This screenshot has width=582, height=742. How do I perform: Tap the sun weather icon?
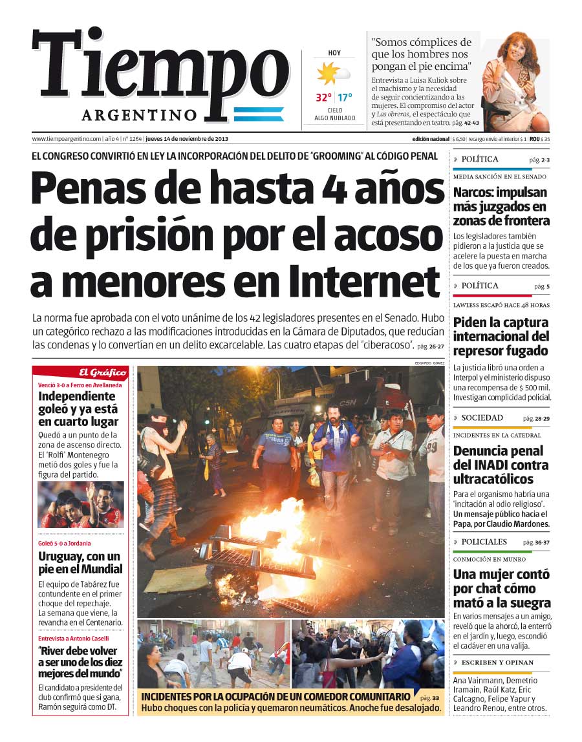[329, 72]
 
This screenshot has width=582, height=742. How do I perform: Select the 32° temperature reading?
[323, 98]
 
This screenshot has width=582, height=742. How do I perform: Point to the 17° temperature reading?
[345, 98]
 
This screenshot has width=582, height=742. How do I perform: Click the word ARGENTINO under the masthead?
[139, 115]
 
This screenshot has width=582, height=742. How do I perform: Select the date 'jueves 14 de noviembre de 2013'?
[187, 139]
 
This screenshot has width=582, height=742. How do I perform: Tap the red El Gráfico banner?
[80, 372]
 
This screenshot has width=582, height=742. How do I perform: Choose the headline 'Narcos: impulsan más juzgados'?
[501, 206]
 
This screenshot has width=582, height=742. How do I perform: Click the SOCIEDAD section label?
[482, 418]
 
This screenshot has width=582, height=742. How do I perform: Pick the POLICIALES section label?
[484, 542]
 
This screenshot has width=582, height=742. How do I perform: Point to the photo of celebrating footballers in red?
[80, 505]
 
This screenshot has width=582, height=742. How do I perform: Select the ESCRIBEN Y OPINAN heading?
[497, 662]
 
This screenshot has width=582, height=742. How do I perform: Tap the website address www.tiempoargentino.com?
[67, 139]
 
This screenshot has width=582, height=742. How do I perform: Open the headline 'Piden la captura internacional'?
[501, 336]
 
